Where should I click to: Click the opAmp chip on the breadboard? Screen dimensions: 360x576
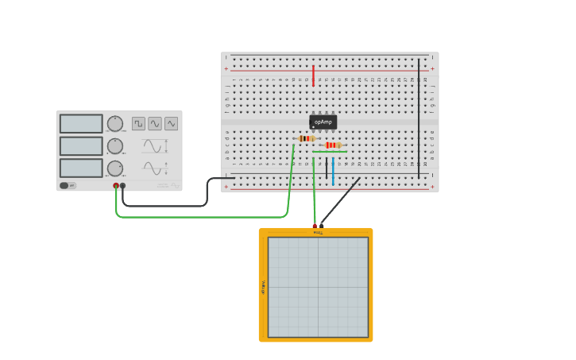(x=323, y=122)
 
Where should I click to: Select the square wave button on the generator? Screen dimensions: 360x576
(x=138, y=123)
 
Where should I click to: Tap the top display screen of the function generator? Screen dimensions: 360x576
(x=81, y=123)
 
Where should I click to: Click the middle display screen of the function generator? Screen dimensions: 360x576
(x=81, y=145)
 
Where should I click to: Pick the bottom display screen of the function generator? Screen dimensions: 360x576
(x=81, y=168)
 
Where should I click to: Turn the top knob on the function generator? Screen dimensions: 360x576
(x=115, y=123)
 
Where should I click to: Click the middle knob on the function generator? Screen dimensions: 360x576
(x=115, y=145)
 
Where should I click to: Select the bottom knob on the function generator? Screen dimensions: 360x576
(x=115, y=168)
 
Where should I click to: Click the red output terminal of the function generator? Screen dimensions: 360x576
(x=116, y=186)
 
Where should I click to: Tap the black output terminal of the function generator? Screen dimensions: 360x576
(x=122, y=186)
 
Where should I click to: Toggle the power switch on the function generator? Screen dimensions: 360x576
(x=68, y=185)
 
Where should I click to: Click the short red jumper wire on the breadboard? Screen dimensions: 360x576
(x=314, y=75)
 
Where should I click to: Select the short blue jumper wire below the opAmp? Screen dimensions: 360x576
(x=333, y=170)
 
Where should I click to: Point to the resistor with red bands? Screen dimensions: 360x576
(x=333, y=145)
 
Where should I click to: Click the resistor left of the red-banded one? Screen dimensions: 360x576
(x=306, y=138)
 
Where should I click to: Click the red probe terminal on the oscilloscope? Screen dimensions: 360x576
(x=315, y=226)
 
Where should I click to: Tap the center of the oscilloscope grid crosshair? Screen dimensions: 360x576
(x=319, y=287)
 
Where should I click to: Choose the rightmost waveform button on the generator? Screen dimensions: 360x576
(x=171, y=123)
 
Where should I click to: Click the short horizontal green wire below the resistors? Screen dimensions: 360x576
(x=330, y=152)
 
